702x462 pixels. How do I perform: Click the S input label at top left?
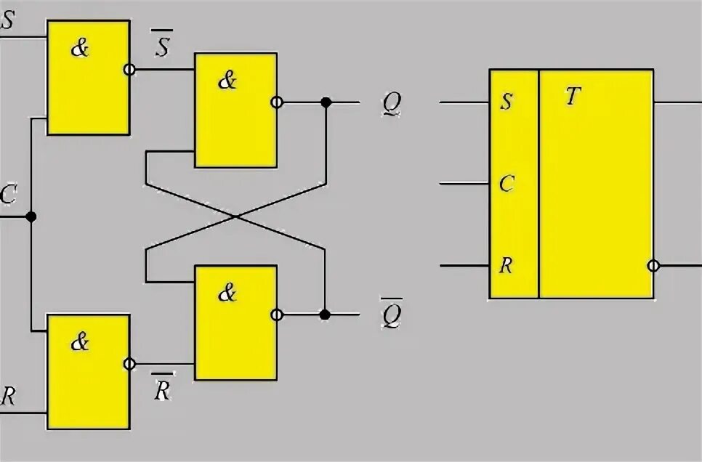(x=7, y=20)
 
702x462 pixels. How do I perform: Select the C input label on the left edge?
(x=8, y=195)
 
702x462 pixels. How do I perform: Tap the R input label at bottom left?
(x=8, y=396)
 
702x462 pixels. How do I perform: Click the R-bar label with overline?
(x=162, y=389)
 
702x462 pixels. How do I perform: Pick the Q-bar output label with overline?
(x=392, y=314)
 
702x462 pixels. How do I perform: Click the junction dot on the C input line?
(x=31, y=216)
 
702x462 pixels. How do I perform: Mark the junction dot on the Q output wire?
(x=326, y=103)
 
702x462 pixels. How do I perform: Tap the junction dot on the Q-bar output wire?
(x=325, y=315)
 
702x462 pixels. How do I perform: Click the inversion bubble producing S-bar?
(x=129, y=70)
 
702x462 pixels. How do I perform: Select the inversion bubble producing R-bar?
(x=129, y=364)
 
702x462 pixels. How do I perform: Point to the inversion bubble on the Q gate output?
(x=276, y=103)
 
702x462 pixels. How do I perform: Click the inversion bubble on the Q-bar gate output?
(x=276, y=315)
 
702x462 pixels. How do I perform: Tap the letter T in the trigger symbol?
(x=573, y=97)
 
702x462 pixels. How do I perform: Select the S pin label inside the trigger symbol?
(x=507, y=101)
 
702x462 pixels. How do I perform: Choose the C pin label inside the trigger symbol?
(x=507, y=184)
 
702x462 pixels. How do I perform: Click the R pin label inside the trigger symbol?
(x=507, y=265)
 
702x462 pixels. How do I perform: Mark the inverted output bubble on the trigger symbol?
(x=653, y=266)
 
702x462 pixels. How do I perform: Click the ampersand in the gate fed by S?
(x=80, y=49)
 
